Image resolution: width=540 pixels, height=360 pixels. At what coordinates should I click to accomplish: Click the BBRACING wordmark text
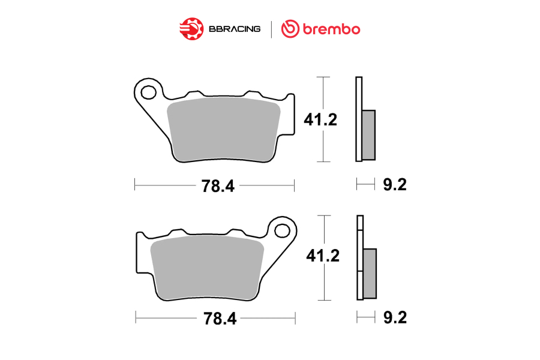click(x=235, y=29)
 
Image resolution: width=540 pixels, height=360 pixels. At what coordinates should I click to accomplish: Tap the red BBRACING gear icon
click(x=191, y=29)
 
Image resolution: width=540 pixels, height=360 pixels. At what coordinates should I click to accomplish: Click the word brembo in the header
click(x=331, y=29)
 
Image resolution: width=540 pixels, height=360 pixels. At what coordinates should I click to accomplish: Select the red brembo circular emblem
click(x=290, y=29)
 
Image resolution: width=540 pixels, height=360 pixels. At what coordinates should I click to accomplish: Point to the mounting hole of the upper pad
click(x=148, y=92)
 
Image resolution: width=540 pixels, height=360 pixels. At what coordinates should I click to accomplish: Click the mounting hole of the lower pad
click(x=283, y=231)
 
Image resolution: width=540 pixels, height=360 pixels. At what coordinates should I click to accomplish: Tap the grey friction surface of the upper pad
click(x=223, y=129)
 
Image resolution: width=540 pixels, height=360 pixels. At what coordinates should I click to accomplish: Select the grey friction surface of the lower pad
click(x=208, y=268)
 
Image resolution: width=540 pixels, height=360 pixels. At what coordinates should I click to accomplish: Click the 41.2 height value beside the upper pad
click(x=320, y=119)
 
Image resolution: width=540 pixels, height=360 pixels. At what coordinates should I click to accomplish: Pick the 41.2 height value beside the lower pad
click(x=323, y=256)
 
